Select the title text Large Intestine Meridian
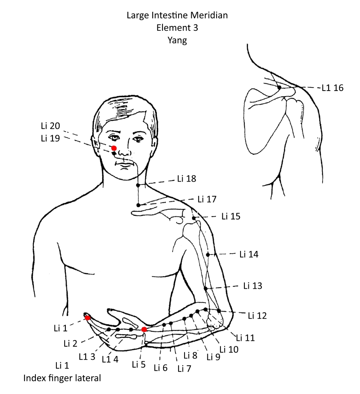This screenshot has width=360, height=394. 177,16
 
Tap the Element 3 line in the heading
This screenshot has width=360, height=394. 177,28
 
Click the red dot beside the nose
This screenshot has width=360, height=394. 114,148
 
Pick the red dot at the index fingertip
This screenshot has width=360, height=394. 88,318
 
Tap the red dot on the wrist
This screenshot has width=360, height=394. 144,329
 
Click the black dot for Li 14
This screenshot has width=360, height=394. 208,255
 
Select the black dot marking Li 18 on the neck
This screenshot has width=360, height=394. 138,185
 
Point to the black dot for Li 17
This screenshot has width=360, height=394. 138,205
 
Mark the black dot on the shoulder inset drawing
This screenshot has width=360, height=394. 279,87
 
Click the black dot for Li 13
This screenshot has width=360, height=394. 206,288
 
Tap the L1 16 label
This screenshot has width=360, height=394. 332,88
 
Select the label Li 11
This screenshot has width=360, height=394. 245,338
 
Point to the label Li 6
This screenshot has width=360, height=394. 160,368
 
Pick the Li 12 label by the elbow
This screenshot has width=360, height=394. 257,315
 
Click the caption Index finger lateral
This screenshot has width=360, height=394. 62,379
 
